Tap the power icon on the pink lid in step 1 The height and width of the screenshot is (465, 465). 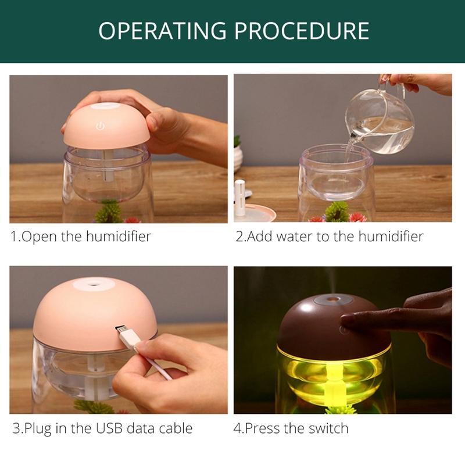point(99,124)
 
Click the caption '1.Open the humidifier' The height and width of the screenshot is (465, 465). point(81,237)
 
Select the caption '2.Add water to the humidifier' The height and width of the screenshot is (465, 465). point(329,237)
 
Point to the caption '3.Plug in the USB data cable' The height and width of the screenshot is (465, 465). point(102,429)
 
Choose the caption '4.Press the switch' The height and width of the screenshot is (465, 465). point(291,429)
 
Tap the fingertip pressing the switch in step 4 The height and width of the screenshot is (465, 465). point(346,320)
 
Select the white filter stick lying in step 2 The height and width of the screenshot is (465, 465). point(239,198)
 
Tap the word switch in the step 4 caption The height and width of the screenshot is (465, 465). point(328,429)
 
